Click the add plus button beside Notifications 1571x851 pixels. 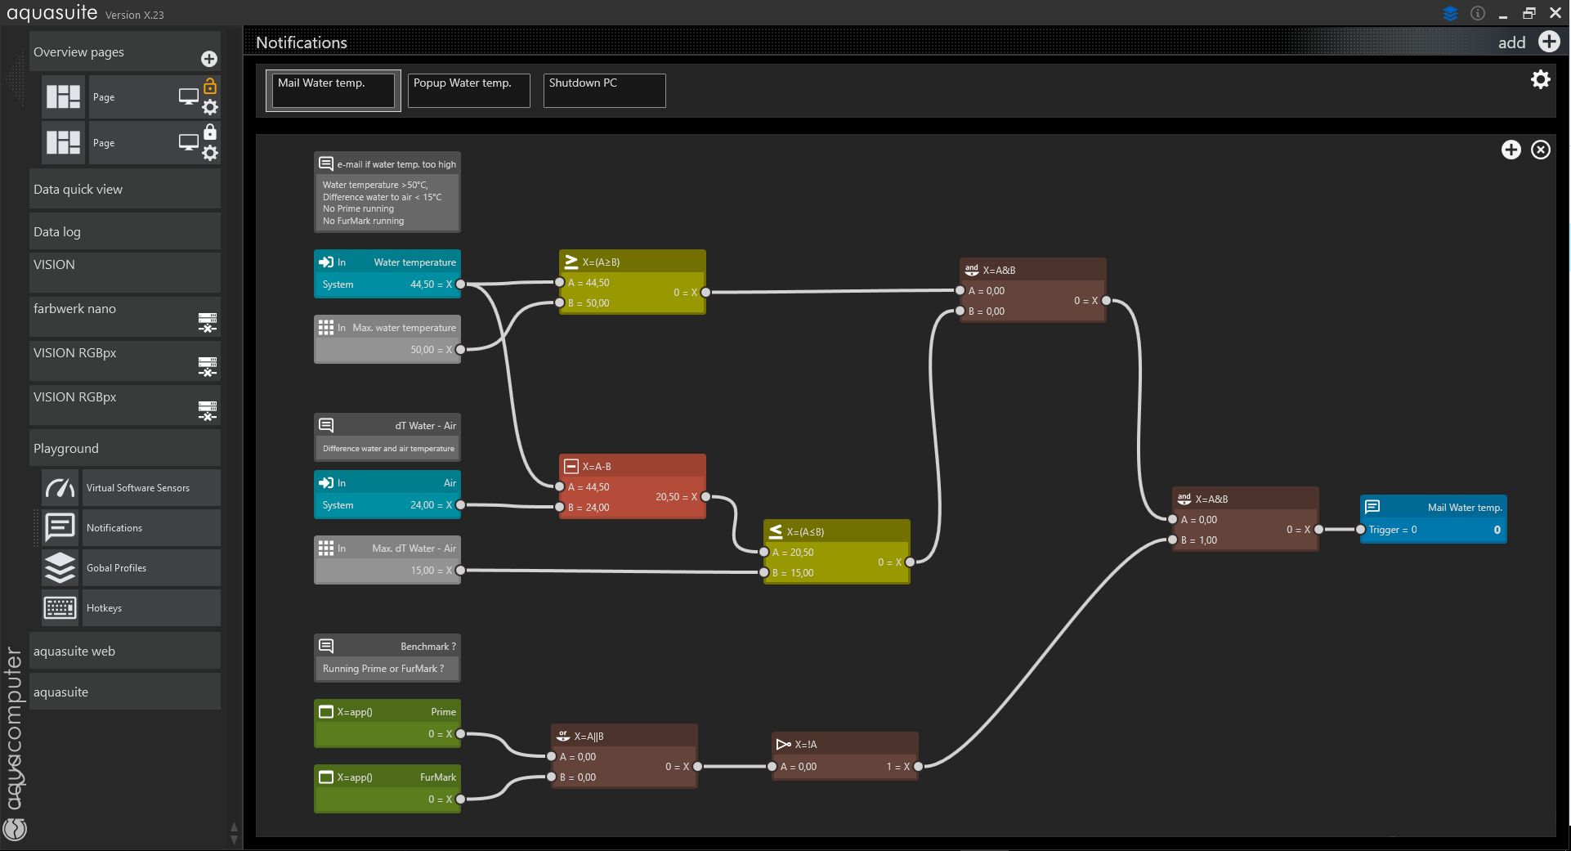click(1549, 42)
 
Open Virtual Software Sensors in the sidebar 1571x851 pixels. click(138, 488)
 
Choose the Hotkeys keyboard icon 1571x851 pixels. click(60, 608)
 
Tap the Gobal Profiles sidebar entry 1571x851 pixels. click(117, 568)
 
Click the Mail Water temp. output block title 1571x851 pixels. click(1465, 508)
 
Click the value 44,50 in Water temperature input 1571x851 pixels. click(423, 284)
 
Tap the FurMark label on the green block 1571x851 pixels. click(438, 777)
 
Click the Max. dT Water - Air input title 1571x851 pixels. click(414, 549)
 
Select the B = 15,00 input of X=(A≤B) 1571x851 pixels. click(792, 573)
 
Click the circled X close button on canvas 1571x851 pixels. click(1541, 150)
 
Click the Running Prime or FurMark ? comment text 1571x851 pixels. click(383, 669)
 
